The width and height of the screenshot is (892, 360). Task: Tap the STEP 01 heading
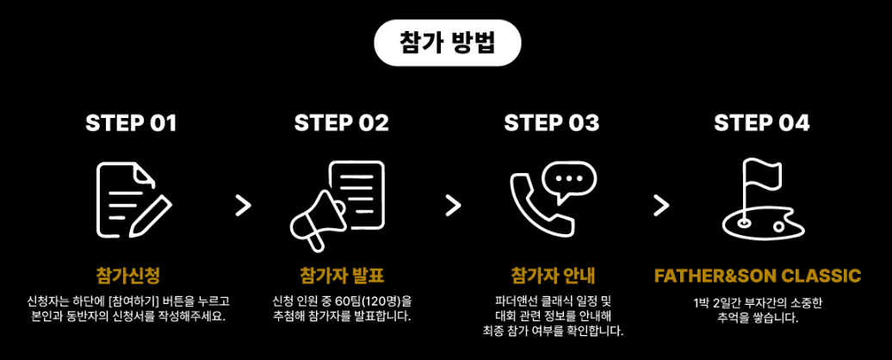pos(131,123)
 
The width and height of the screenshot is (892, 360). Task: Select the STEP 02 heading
pos(342,123)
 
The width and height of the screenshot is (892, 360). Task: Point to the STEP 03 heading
pos(552,123)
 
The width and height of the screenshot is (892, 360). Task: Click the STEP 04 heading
pos(762,123)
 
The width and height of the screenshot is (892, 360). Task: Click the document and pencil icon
pos(132,199)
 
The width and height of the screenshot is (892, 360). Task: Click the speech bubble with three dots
pos(569,179)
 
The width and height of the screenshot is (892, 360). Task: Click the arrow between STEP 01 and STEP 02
pos(244,205)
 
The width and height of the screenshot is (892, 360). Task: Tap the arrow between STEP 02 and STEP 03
pos(453,205)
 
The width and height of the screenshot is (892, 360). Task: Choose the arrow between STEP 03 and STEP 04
pos(661,205)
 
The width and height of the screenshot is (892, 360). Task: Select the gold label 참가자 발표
pos(342,276)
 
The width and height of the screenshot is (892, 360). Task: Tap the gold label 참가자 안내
pos(552,276)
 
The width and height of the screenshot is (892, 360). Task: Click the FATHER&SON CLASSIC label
pos(758,276)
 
